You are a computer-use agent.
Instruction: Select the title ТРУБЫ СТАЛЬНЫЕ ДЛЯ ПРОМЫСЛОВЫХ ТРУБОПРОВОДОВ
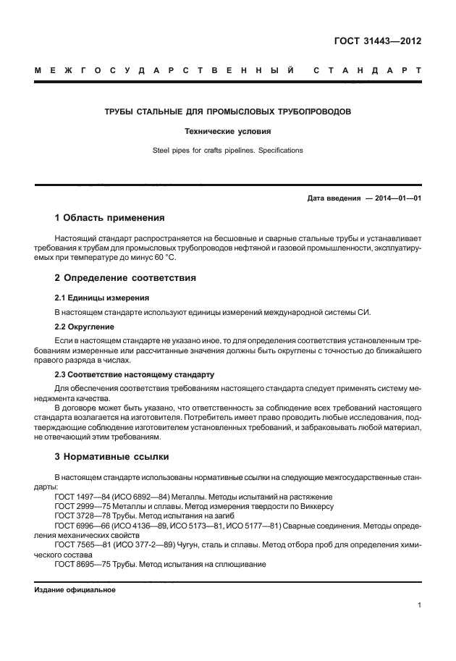228,112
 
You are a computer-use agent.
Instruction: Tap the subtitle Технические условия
228,132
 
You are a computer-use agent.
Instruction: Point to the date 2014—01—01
398,198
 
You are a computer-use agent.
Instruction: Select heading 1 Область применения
110,218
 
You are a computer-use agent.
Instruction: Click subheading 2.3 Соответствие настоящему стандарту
135,374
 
